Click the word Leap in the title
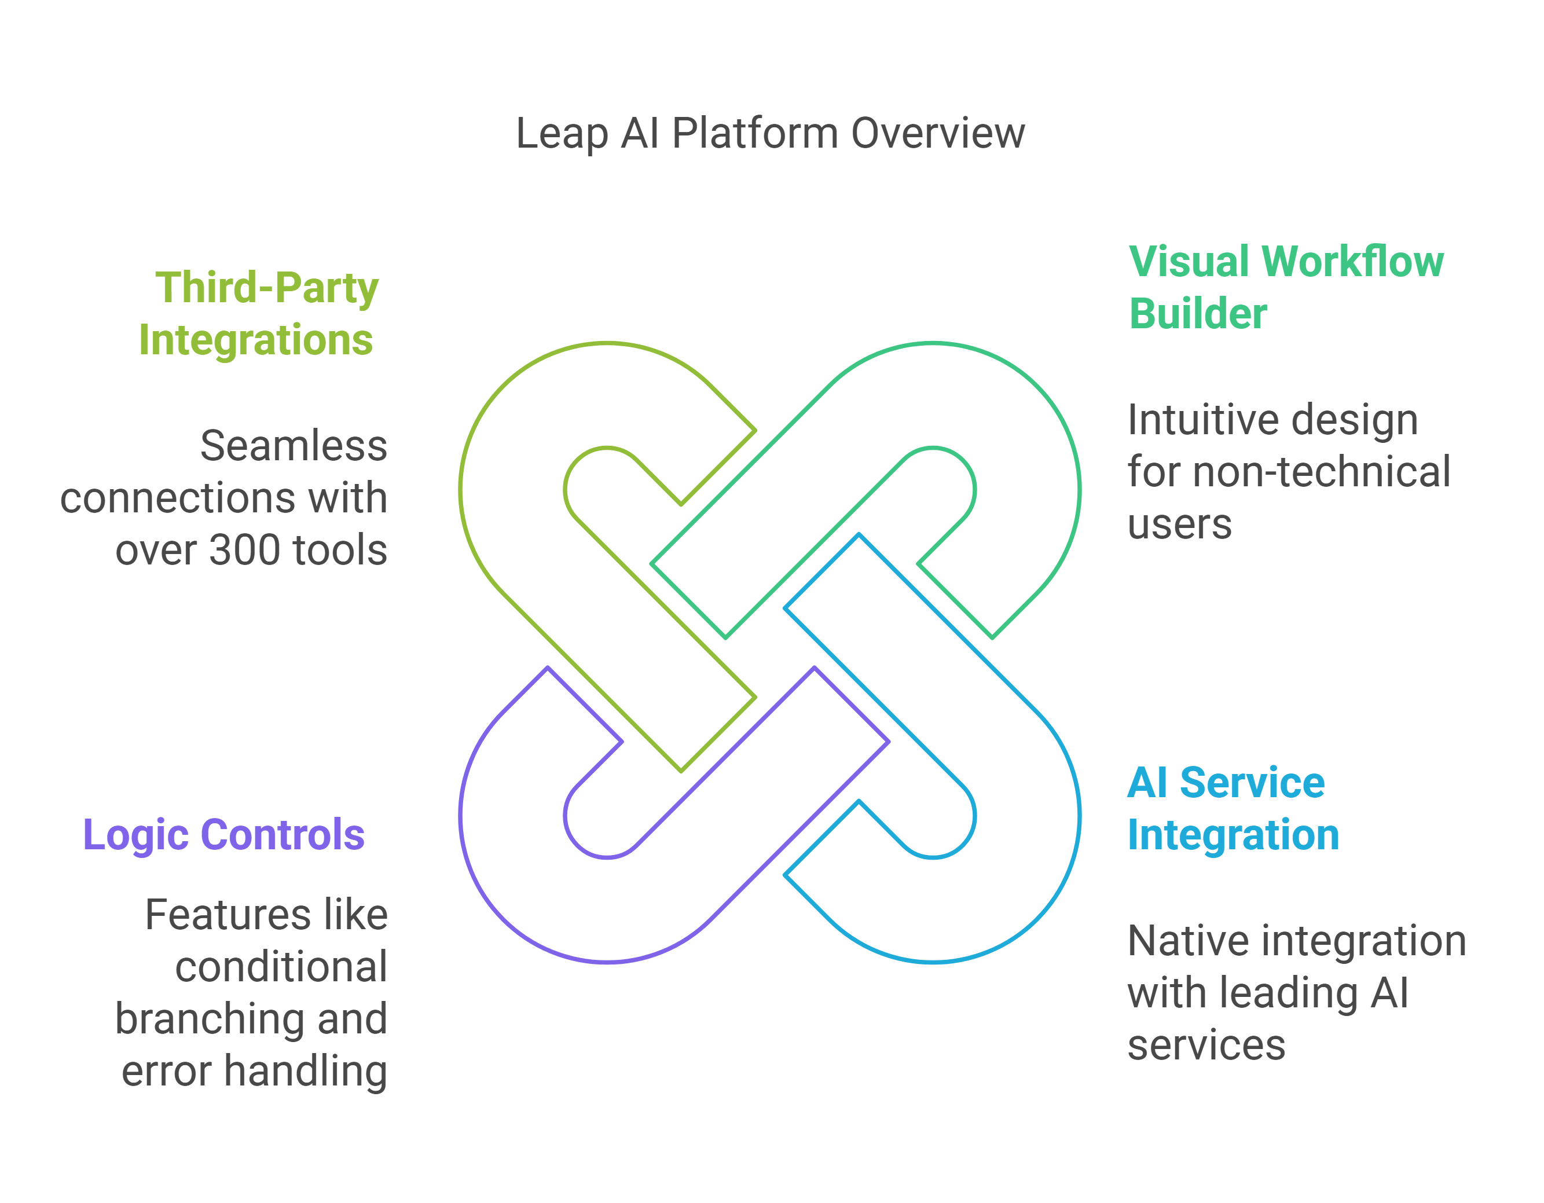(x=562, y=134)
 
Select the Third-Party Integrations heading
(x=259, y=314)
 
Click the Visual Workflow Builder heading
(x=1285, y=288)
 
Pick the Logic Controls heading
(x=223, y=835)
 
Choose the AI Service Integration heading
(x=1232, y=809)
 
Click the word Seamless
(x=294, y=446)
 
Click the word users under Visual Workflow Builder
(x=1179, y=525)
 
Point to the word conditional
(x=281, y=966)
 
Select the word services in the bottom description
(x=1206, y=1045)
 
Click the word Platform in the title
(x=754, y=134)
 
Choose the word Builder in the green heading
(x=1198, y=314)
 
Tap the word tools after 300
(x=340, y=550)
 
